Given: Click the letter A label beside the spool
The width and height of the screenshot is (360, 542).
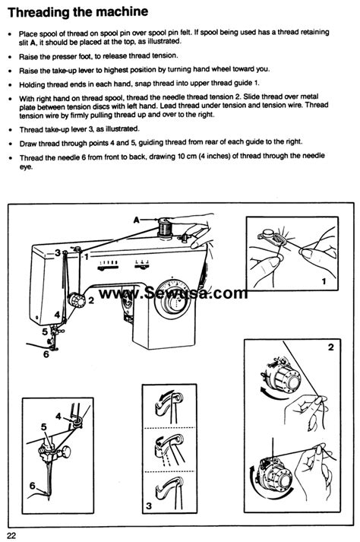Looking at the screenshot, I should click(136, 218).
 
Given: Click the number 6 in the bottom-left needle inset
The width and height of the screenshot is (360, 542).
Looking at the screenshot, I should click(32, 485).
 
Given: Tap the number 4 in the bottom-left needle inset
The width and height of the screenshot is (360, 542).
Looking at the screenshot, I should click(57, 415).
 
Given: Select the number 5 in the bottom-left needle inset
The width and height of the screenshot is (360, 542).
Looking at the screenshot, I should click(43, 427).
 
